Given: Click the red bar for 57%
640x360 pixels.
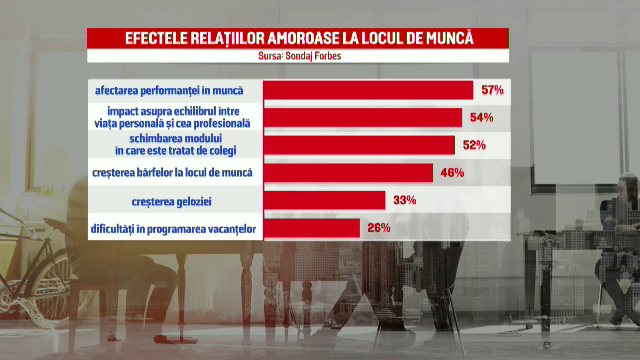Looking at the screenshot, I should point(367,91).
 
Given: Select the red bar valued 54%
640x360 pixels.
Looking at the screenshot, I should point(362,118).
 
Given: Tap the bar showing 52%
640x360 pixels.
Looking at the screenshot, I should point(358,145).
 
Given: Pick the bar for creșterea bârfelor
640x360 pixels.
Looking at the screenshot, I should point(347,173).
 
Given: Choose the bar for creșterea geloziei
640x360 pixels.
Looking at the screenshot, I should point(323,200).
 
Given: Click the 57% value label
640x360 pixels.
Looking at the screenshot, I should point(492,91).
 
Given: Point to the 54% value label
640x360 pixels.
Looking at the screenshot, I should point(481,118).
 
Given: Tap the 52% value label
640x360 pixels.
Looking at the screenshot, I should point(474,145).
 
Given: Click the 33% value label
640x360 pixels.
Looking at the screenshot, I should point(404,200).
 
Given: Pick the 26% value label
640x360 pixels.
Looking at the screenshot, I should point(379,228).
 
